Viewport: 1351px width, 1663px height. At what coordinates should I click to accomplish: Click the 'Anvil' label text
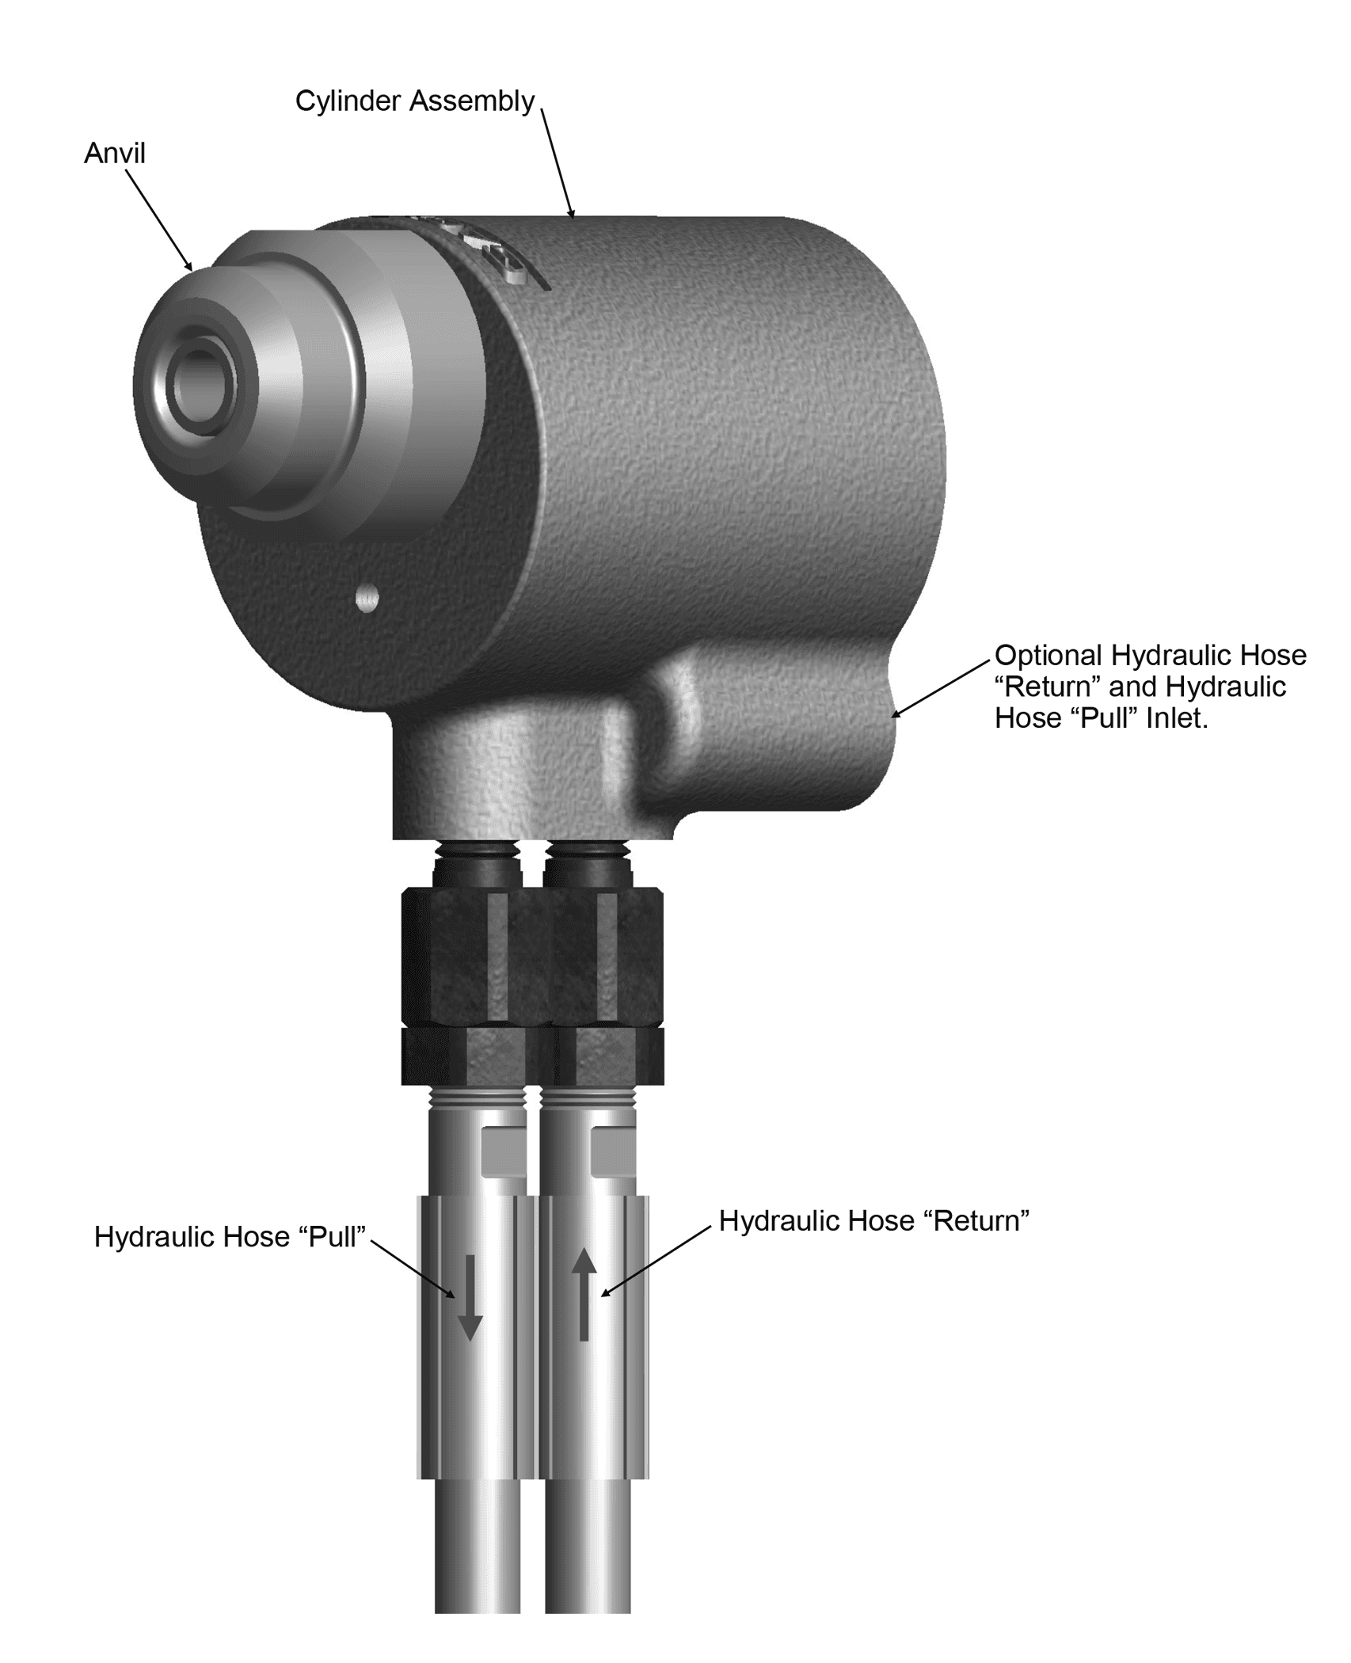pos(115,153)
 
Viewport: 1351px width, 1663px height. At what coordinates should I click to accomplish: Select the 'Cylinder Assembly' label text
pos(415,101)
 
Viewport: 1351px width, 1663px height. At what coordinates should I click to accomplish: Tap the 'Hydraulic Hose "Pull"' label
pos(230,1237)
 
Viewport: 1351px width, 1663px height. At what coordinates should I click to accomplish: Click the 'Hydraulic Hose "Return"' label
pos(874,1220)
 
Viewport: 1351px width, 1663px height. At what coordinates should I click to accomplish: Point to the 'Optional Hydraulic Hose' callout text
pos(1151,655)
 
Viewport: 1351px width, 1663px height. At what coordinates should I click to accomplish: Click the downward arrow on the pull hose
pos(470,1297)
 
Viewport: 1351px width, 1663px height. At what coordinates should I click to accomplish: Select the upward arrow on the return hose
pos(584,1294)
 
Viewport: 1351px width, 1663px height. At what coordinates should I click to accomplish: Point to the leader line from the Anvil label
pos(159,220)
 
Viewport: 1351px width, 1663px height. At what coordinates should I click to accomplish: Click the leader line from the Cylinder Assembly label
pos(558,162)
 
